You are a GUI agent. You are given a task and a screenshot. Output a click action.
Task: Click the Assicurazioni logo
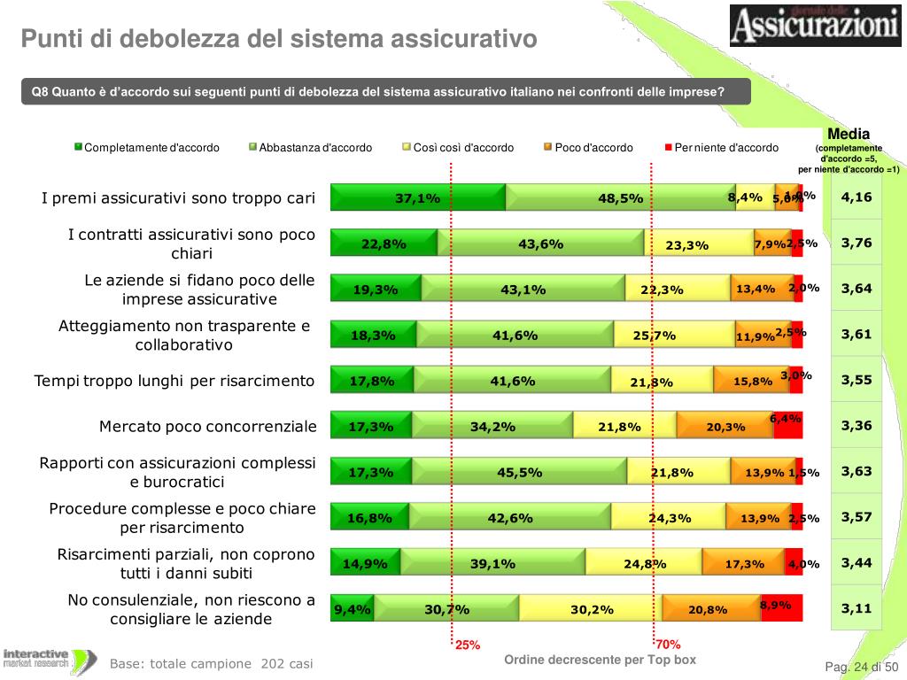815,26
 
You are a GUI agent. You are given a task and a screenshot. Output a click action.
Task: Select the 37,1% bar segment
417,197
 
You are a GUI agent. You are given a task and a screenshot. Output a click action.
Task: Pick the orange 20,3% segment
725,426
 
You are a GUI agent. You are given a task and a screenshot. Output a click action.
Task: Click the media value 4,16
857,197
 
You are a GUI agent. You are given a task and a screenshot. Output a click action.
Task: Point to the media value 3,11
857,607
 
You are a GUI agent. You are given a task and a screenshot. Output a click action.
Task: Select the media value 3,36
857,425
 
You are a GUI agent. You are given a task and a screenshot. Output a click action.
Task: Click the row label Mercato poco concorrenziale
207,427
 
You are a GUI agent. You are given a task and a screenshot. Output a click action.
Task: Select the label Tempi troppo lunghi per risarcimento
174,381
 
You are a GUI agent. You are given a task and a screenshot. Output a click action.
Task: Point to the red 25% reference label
468,645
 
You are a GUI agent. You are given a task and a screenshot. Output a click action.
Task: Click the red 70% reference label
669,645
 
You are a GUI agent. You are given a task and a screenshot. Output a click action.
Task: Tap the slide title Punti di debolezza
279,39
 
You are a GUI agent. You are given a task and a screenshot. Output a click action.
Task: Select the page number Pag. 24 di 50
861,667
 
